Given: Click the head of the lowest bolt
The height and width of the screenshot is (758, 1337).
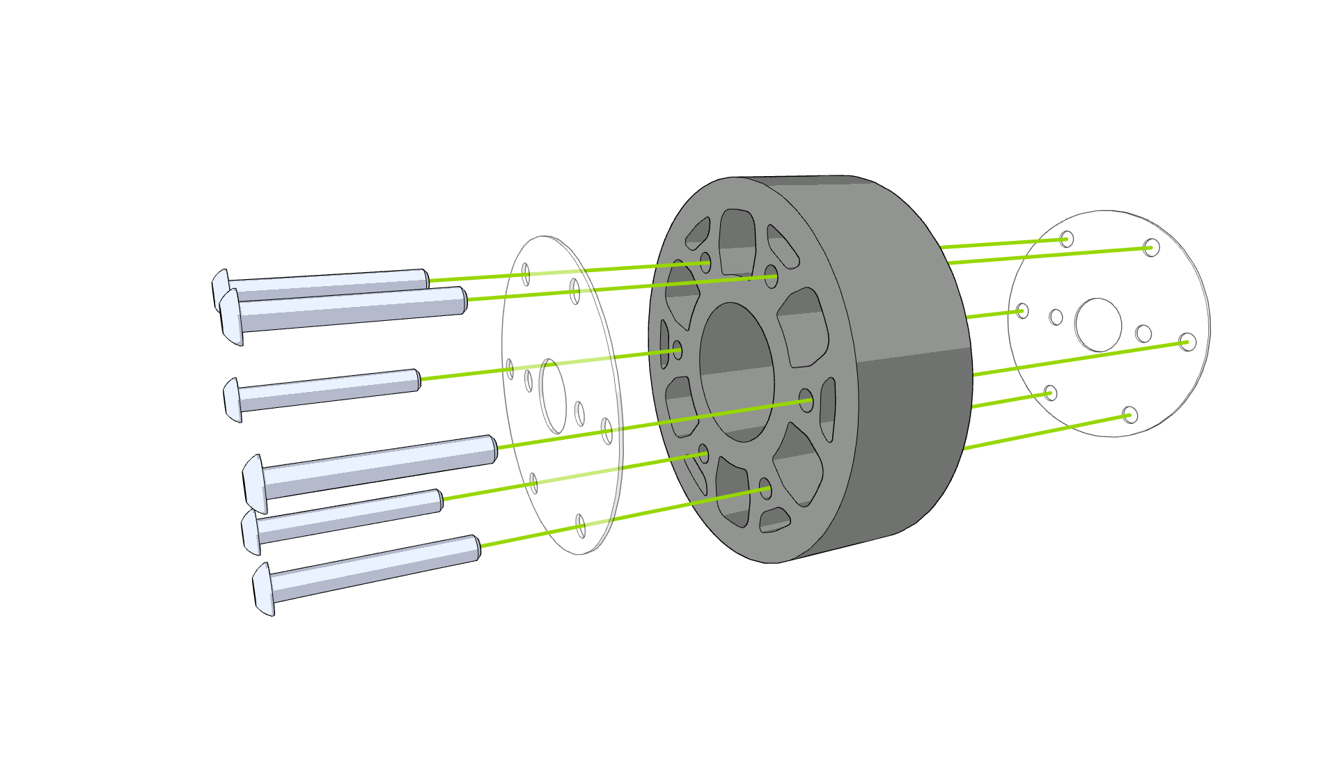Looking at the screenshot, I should click(263, 590).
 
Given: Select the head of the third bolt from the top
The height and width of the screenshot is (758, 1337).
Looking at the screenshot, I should click(233, 400).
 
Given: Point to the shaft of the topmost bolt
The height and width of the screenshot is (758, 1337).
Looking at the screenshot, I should click(327, 283).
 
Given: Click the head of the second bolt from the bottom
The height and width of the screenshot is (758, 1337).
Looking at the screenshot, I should click(251, 532).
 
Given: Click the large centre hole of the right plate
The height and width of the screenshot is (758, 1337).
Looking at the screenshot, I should click(1098, 325).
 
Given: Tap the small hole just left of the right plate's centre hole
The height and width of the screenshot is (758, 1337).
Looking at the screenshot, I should click(1056, 317).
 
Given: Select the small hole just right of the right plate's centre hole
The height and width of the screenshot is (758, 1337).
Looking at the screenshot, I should click(1143, 334).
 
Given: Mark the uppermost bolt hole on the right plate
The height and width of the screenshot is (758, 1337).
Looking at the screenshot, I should click(1067, 239).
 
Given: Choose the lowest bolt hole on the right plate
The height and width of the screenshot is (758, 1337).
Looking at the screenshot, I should click(1130, 416).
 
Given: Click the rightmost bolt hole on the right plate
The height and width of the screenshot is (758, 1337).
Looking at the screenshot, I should click(1188, 342).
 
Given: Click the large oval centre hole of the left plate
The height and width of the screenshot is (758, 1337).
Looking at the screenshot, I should click(553, 396).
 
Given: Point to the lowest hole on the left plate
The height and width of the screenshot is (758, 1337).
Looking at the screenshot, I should click(580, 526).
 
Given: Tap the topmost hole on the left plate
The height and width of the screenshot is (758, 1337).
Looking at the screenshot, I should click(526, 274).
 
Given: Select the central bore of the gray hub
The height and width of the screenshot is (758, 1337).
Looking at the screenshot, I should click(737, 372).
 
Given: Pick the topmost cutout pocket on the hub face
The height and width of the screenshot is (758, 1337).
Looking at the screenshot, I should click(737, 240).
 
